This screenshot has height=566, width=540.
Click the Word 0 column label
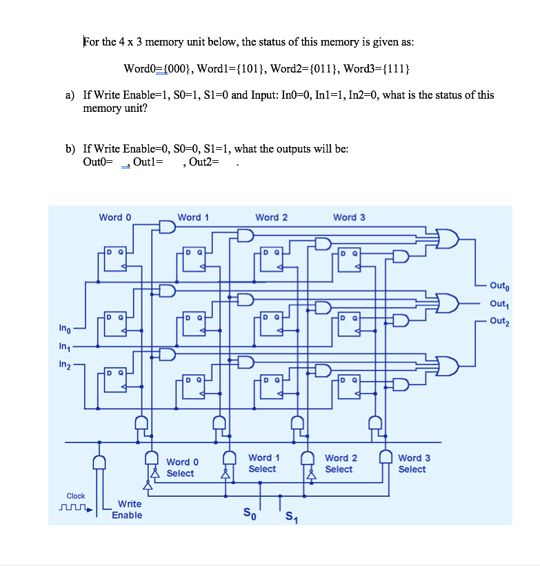pos(115,217)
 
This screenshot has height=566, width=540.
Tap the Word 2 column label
pos(271,217)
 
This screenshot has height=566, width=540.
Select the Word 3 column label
pos(349,217)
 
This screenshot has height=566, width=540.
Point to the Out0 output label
pos(500,285)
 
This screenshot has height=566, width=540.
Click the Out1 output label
pos(500,303)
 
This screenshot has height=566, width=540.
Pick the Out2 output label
pos(500,321)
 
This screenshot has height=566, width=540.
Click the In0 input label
pos(65,329)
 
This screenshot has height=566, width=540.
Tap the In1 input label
pos(65,347)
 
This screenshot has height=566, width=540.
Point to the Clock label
pos(76,496)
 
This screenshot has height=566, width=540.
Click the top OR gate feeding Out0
pos(448,239)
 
